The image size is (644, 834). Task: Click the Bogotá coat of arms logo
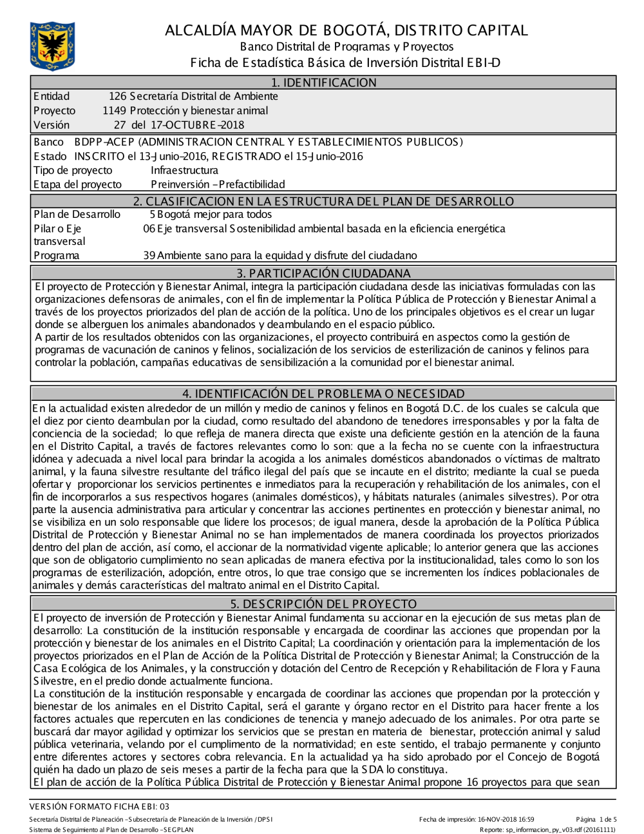pos(52,46)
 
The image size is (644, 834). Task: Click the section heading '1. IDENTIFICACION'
pos(323,82)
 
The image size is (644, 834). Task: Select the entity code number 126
pos(118,97)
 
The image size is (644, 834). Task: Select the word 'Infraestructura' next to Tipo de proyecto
pos(184,170)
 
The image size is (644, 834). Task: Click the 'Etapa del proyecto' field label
pos(77,184)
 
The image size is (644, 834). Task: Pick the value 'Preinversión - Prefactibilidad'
pos(218,184)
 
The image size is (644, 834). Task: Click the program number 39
pos(149,255)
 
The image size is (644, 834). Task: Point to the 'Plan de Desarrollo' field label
pos(77,215)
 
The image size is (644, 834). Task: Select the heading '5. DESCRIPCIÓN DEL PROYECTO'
pos(323,604)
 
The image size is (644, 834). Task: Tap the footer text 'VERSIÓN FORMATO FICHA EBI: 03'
pos(99,806)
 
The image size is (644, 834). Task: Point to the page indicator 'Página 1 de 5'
pos(596,819)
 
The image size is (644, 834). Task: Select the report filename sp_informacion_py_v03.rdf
pos(544,829)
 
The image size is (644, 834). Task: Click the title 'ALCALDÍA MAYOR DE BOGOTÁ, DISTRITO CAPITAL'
pos(346,30)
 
